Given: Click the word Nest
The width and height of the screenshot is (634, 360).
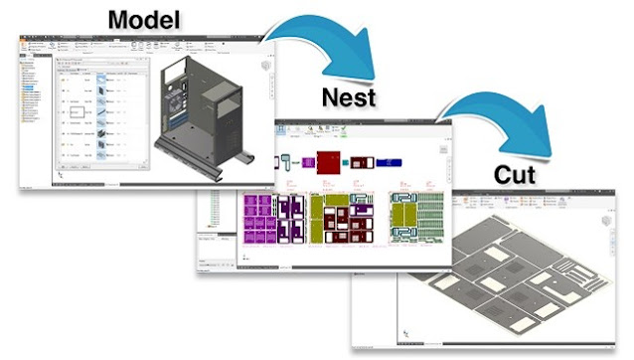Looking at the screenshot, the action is pyautogui.click(x=351, y=96).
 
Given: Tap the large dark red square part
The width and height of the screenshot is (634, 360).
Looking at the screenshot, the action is pyautogui.click(x=327, y=161).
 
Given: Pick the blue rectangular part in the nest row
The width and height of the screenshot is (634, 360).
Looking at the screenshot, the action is pyautogui.click(x=387, y=160).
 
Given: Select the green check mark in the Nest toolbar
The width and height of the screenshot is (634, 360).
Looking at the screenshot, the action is pyautogui.click(x=347, y=129).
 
